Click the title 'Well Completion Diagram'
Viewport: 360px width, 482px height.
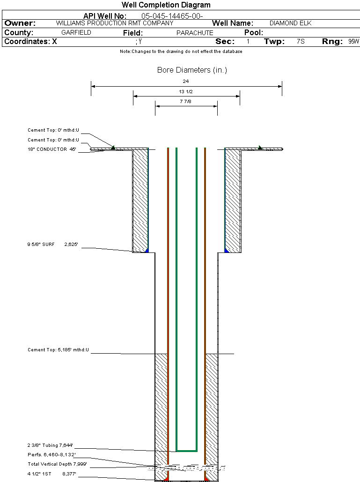[166, 5]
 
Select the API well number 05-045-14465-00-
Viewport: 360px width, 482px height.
[172, 16]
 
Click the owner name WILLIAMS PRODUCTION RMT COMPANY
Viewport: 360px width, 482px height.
[115, 23]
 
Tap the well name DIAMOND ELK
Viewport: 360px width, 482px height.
[290, 23]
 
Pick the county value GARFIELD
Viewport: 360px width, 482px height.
[76, 32]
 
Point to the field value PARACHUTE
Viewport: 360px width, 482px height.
[195, 33]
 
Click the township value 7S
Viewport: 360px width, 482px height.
[301, 41]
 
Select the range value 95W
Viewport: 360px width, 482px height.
[353, 41]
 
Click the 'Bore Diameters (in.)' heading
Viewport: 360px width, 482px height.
[192, 70]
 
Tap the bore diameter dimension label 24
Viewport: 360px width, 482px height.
[185, 81]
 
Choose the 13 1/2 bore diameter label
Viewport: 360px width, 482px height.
[185, 91]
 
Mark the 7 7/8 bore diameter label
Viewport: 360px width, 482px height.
[185, 101]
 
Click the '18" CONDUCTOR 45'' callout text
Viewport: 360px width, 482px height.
[52, 149]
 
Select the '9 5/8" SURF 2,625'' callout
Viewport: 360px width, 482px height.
[52, 245]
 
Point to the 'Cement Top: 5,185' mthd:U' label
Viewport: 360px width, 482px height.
[58, 350]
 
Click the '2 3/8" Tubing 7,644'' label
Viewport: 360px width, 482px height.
[50, 445]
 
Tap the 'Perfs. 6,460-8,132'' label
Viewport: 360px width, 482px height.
[51, 455]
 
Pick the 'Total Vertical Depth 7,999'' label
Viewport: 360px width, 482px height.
[57, 464]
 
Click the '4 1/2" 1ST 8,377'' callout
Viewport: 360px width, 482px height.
[51, 474]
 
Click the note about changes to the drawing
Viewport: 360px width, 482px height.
[181, 52]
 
